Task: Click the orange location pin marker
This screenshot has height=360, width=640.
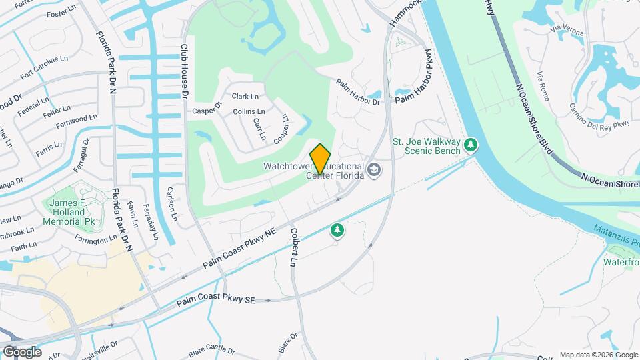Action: [x=321, y=159]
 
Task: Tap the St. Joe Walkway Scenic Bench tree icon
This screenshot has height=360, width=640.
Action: [x=471, y=145]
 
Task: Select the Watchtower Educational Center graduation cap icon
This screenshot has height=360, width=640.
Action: [x=373, y=170]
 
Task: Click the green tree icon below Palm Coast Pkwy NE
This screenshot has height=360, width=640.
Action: [x=338, y=231]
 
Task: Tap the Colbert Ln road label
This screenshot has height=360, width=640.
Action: [x=293, y=247]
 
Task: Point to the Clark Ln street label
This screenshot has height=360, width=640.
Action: [x=245, y=97]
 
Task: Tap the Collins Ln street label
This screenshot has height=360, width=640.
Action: [x=249, y=111]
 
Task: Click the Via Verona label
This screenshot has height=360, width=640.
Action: [x=567, y=31]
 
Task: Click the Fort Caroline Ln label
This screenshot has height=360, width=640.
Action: [x=45, y=67]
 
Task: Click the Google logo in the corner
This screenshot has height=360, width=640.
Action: [x=21, y=352]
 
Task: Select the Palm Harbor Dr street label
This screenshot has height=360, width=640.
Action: [x=357, y=93]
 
